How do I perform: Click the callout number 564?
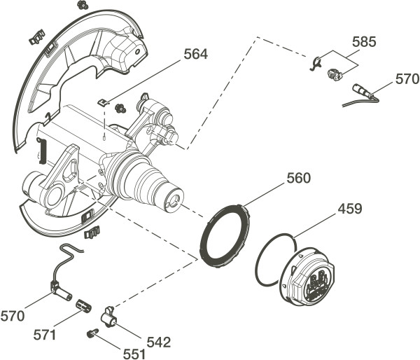195,54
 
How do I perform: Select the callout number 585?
364,42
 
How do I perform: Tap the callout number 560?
299,178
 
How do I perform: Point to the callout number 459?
350,209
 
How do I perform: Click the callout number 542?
159,342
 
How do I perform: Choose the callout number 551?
134,354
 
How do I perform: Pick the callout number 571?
45,335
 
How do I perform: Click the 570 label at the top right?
407,79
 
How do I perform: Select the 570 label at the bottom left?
13,316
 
